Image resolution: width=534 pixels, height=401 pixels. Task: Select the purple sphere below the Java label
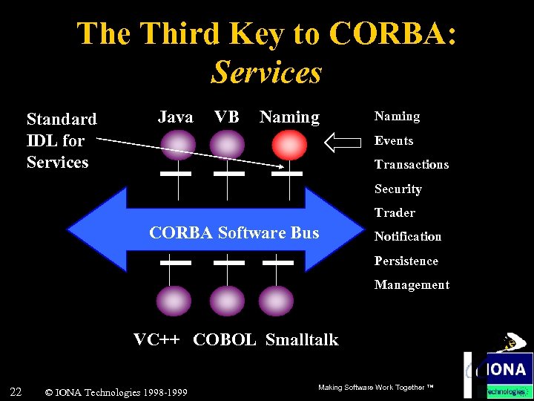(x=178, y=143)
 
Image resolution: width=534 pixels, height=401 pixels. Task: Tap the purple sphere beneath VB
(x=228, y=143)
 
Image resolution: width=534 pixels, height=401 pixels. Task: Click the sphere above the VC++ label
(x=173, y=301)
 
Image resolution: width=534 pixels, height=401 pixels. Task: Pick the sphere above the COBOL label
(x=227, y=301)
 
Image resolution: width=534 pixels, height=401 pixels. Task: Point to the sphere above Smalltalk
(x=278, y=301)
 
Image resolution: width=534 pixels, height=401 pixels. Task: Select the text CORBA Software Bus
(x=234, y=232)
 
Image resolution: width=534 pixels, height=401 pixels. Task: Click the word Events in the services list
(x=393, y=140)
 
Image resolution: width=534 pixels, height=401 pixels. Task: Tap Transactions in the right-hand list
(x=411, y=164)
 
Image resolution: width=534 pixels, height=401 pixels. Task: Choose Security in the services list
(x=398, y=189)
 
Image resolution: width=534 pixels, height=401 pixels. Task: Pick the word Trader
(x=394, y=212)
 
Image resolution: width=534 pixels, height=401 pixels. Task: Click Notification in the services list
(x=407, y=236)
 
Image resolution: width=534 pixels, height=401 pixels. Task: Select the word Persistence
(x=406, y=261)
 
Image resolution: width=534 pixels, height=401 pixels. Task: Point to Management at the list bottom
(x=411, y=284)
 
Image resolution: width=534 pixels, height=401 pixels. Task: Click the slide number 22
(x=16, y=391)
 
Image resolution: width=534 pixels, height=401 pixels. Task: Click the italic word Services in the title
(x=266, y=72)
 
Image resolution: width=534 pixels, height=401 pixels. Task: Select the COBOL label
(x=224, y=340)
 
